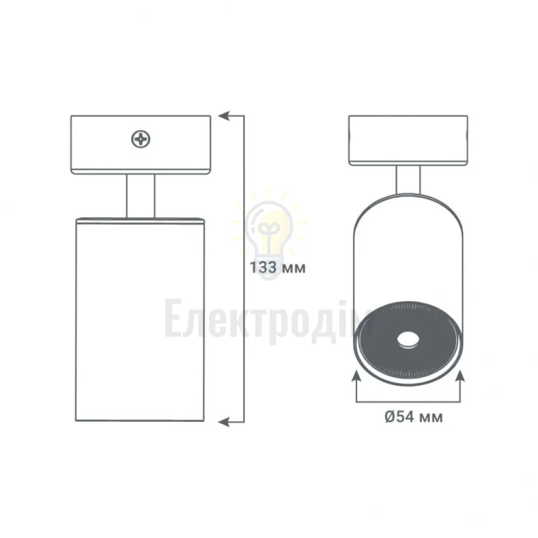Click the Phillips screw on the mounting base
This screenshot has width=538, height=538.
click(x=140, y=139)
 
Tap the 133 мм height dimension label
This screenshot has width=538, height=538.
click(x=277, y=267)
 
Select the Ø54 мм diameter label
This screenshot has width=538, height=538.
click(x=413, y=417)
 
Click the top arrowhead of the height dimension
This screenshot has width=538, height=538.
click(x=224, y=116)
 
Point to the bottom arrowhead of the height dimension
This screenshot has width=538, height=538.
click(x=224, y=421)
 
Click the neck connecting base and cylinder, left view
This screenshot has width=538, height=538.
click(x=140, y=196)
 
